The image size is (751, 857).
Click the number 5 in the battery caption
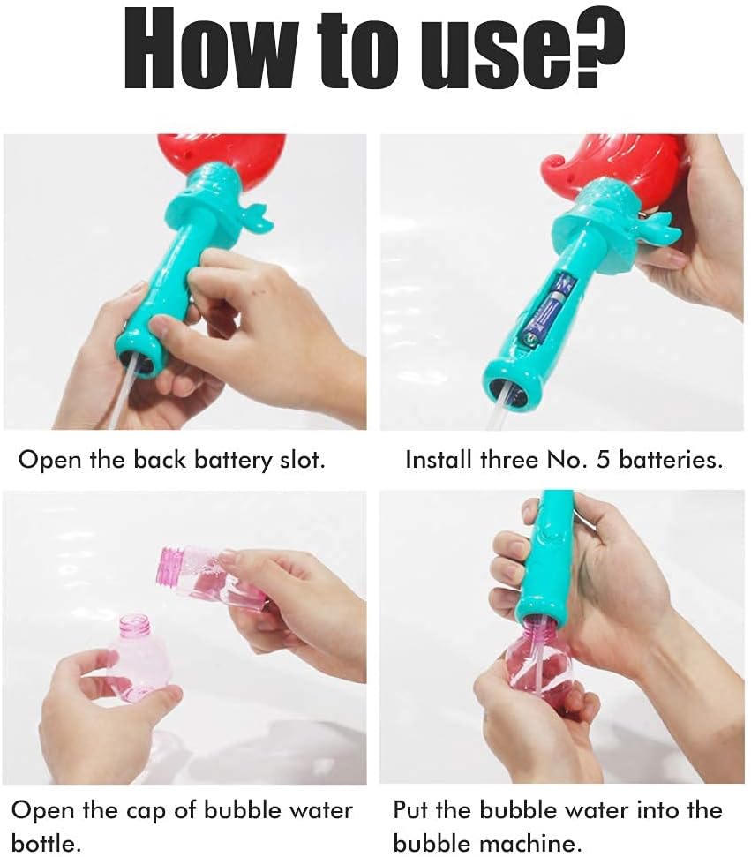[x=603, y=460]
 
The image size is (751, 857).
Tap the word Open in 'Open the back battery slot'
[x=50, y=461]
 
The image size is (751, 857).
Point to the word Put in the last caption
[x=411, y=810]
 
